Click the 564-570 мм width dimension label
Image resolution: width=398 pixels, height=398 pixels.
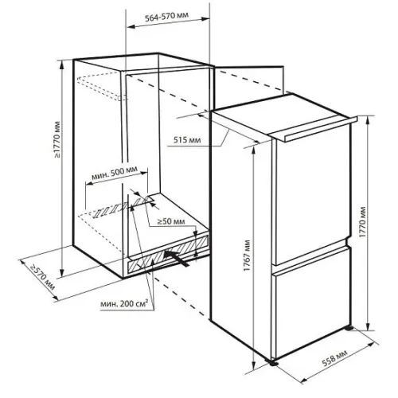tap(166, 16)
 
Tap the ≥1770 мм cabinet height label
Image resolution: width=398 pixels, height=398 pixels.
tap(57, 139)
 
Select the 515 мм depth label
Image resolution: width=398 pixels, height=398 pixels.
tap(187, 139)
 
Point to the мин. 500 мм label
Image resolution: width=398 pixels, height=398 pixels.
tap(115, 173)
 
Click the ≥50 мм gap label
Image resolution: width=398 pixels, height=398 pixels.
tap(171, 221)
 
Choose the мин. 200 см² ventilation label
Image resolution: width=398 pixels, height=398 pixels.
tap(123, 303)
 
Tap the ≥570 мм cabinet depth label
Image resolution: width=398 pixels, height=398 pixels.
tap(42, 277)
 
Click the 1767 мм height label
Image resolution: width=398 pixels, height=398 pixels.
tap(247, 256)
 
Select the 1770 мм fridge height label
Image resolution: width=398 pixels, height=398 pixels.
tap(363, 222)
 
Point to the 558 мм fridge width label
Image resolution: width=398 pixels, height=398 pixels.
tap(334, 358)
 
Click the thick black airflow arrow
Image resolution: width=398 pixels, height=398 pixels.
tap(177, 259)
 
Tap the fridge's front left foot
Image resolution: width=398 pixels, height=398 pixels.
tap(272, 363)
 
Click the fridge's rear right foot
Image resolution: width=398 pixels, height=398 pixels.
tap(349, 328)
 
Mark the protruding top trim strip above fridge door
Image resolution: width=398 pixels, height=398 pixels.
tap(321, 129)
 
